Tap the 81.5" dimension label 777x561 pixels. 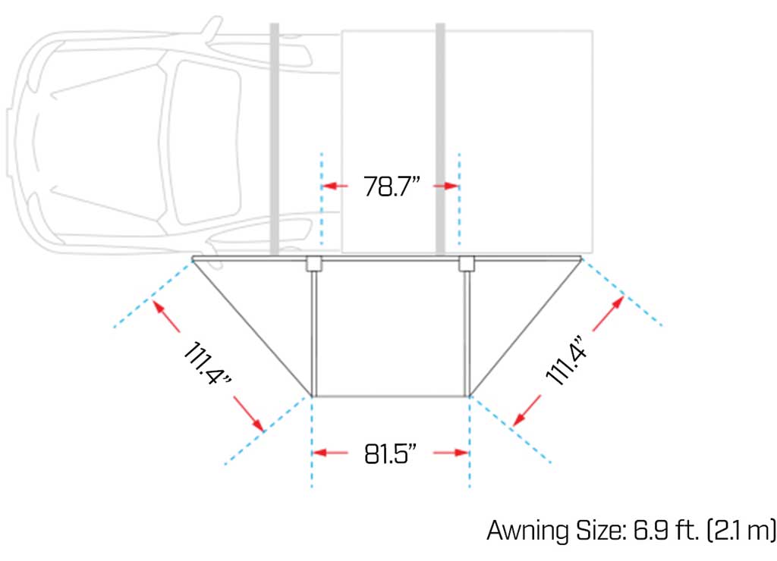pos(391,453)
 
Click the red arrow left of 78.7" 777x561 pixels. pos(335,186)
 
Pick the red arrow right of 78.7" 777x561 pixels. pos(448,186)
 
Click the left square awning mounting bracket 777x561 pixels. pos(313,264)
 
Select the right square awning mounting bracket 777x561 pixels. pos(467,264)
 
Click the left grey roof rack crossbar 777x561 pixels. pos(275,136)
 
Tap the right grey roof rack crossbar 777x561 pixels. pos(440,136)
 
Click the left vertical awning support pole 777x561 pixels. pos(313,334)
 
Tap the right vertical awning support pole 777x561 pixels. pos(467,334)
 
